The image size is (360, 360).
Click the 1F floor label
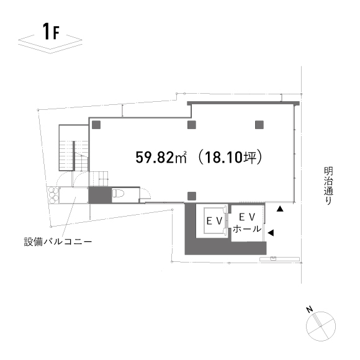coord(51,32)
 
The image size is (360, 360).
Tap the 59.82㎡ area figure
coord(161,157)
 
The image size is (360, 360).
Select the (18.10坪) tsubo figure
coord(230,157)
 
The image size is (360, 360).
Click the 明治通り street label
coord(328,186)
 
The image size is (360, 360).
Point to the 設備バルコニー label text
coord(58,242)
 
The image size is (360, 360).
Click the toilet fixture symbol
coord(118,193)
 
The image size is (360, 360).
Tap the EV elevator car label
coord(215,221)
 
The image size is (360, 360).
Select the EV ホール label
coord(247,223)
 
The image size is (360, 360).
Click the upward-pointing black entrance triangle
coord(280,209)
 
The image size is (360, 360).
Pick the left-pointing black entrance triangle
coord(271,233)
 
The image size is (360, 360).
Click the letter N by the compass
coord(310,310)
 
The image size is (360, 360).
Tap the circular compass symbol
coord(321,326)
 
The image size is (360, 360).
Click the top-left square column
coord(96,125)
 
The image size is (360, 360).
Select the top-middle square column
coord(192,125)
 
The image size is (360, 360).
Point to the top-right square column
coord(259,125)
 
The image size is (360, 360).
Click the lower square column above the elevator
coord(192,196)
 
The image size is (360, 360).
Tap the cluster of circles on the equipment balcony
coord(53,195)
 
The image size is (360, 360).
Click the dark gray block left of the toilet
coord(100,195)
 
